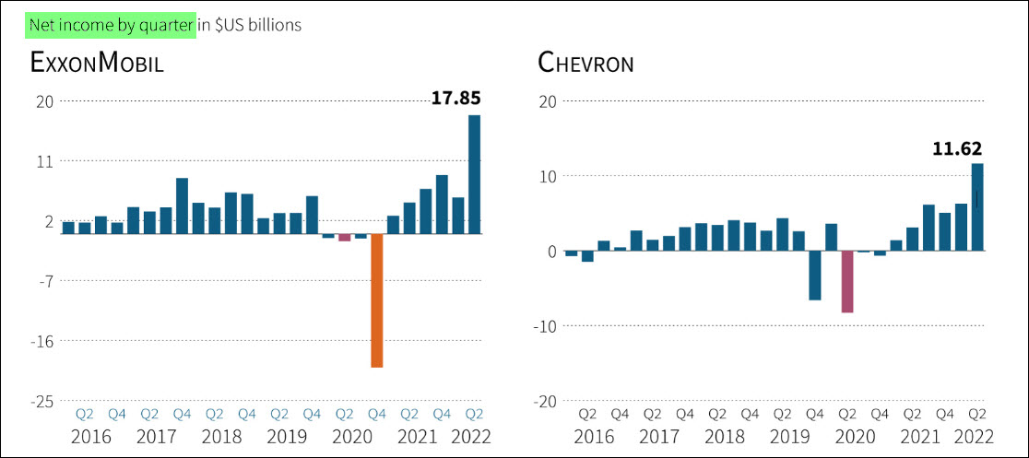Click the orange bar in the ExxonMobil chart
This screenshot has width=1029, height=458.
tap(376, 300)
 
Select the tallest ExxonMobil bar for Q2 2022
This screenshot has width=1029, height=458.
tap(474, 174)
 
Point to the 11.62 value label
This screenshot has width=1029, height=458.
tap(957, 147)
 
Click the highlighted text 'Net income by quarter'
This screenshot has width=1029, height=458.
tap(111, 25)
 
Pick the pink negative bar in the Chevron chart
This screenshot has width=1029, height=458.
tap(846, 281)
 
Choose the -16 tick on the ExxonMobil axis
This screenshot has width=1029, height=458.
tap(41, 341)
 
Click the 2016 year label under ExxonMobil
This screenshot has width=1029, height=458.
tap(90, 436)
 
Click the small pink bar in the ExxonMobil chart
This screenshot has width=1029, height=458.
tap(344, 238)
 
